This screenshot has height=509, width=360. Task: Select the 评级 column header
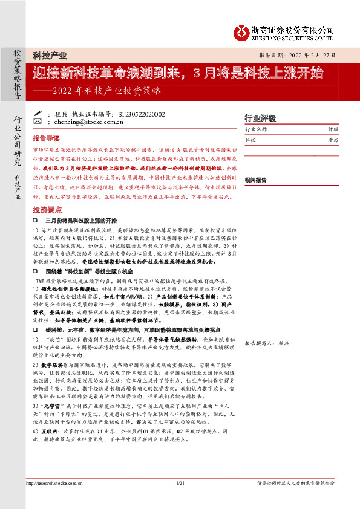(x=333, y=129)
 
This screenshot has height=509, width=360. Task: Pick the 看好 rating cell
(x=333, y=140)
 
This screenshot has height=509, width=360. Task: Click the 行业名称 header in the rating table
(x=255, y=129)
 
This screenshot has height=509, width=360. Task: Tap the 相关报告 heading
(x=255, y=180)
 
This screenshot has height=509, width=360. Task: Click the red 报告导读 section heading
(x=46, y=138)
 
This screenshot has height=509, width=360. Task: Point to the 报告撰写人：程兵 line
(x=267, y=343)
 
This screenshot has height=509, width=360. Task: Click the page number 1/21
(x=179, y=484)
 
